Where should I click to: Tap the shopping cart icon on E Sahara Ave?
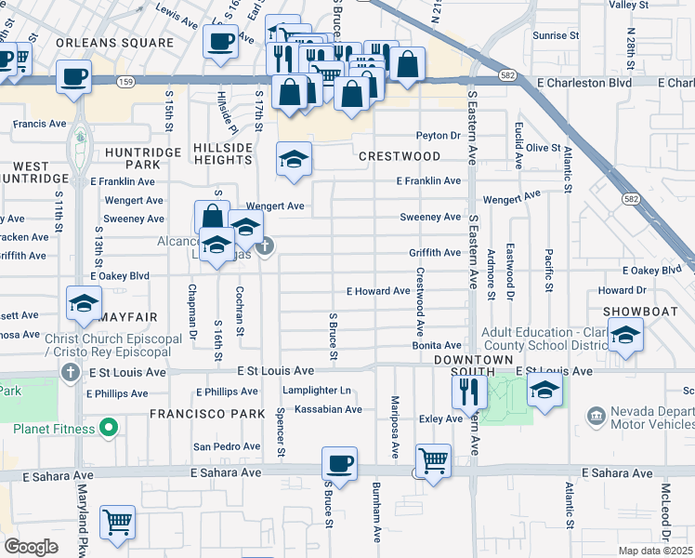433,459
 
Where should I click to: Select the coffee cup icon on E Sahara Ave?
340,463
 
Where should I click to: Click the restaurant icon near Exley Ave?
469,391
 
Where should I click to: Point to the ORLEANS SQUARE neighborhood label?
115,43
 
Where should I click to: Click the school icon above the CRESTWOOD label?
294,158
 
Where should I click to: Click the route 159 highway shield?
124,83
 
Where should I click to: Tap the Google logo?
31,547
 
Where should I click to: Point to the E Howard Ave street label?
378,291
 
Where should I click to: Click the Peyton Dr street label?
439,136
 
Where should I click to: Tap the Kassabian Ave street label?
328,409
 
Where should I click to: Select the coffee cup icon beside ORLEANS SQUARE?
221,41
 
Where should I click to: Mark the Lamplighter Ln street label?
318,391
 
